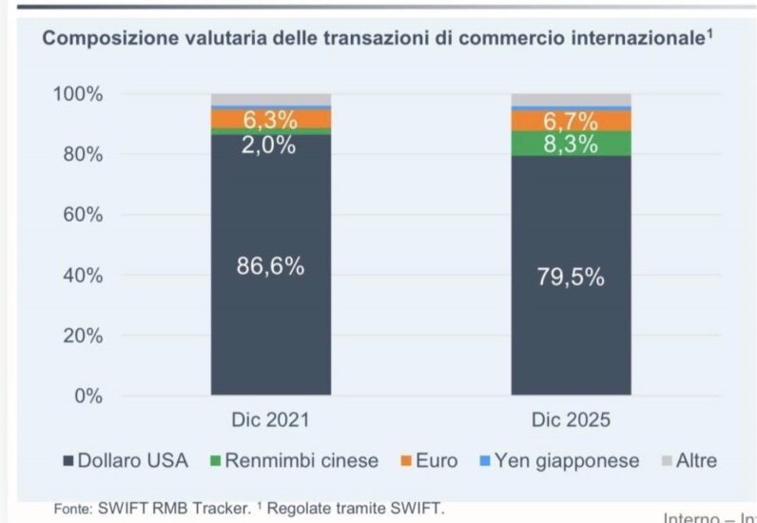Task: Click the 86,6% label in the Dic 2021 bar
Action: pyautogui.click(x=270, y=267)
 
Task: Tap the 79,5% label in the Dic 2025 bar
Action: pyautogui.click(x=572, y=277)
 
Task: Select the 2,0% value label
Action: pyautogui.click(x=270, y=145)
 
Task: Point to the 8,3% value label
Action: pyautogui.click(x=572, y=145)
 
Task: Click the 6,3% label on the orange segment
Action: pyautogui.click(x=270, y=121)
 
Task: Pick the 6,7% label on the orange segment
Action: pyautogui.click(x=572, y=122)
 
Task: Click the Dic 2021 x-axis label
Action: pyautogui.click(x=270, y=419)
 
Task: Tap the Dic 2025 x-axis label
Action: pyautogui.click(x=572, y=419)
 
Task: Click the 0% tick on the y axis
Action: pyautogui.click(x=88, y=397)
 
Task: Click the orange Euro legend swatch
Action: pyautogui.click(x=406, y=462)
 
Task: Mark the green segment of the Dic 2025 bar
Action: pyautogui.click(x=572, y=144)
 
